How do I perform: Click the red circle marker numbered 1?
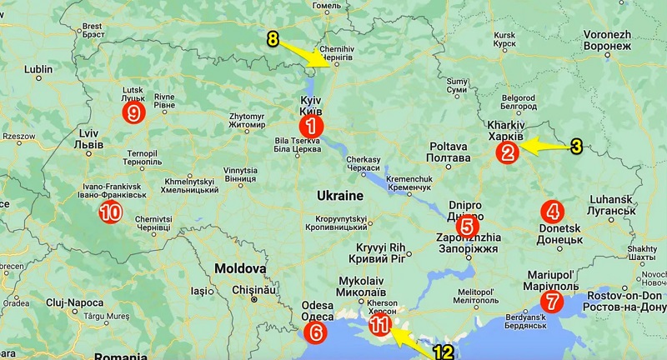coord(311,127)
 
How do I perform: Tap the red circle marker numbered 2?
coord(506,152)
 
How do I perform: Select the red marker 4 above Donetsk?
coord(552,210)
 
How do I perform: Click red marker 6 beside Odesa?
coord(315,332)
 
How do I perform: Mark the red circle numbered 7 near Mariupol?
coord(550,302)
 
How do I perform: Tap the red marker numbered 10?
coord(110,212)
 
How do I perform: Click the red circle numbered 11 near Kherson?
coord(379,325)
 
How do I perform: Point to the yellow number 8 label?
coord(273,39)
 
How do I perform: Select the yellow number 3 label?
coord(576,147)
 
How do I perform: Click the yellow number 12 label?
coord(443,352)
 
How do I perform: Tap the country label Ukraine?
coord(340,195)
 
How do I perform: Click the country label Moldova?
coord(239,269)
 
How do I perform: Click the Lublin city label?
coord(39,70)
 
